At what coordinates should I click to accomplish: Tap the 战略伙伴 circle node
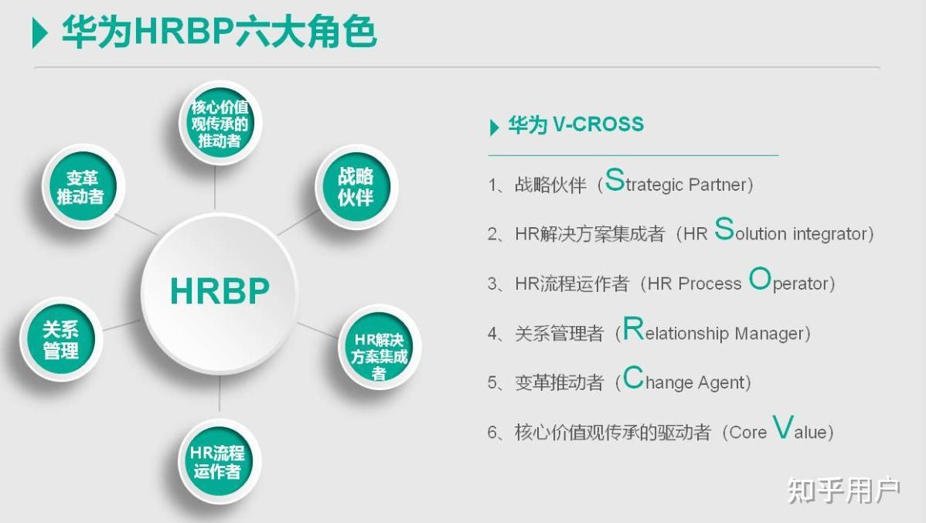[x=356, y=186]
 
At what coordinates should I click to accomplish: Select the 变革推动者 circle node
[x=80, y=186]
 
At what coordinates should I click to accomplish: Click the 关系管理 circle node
[x=61, y=340]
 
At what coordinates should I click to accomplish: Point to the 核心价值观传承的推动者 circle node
[x=220, y=123]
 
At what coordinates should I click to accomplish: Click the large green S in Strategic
[x=614, y=180]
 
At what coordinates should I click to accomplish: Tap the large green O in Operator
[x=760, y=279]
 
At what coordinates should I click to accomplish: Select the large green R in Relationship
[x=633, y=329]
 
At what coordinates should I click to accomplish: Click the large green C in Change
[x=633, y=378]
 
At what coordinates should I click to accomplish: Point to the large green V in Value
[x=783, y=427]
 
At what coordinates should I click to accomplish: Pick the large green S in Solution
[x=723, y=229]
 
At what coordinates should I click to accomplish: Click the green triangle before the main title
[x=39, y=33]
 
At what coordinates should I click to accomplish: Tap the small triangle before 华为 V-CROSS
[x=495, y=127]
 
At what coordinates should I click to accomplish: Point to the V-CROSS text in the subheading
[x=597, y=124]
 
